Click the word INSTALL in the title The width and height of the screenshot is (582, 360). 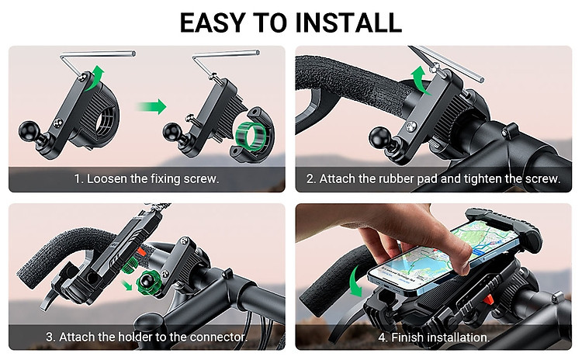[x=348, y=22]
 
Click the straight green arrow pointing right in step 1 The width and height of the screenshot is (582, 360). [x=151, y=107]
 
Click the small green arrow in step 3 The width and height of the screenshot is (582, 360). [x=127, y=285]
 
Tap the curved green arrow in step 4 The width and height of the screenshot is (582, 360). [x=355, y=281]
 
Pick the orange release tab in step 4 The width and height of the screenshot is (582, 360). [x=488, y=299]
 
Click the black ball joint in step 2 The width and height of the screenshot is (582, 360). [x=379, y=138]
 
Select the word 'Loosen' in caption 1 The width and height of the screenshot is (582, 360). [x=109, y=179]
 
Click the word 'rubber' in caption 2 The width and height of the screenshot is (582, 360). [x=397, y=179]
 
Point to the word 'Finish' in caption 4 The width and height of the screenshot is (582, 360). [x=407, y=337]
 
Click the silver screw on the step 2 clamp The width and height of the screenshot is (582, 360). [x=411, y=126]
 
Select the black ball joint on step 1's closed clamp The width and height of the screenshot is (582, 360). [x=29, y=132]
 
